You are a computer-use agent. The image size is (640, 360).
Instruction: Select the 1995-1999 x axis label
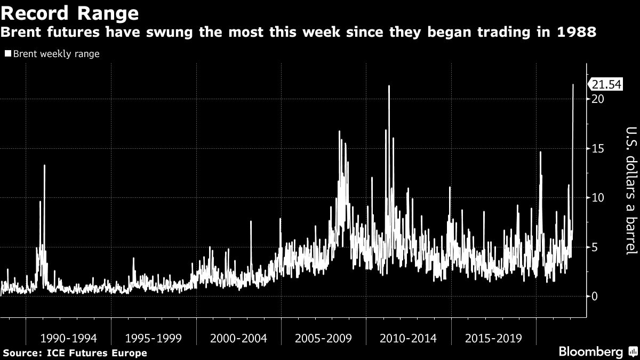(x=154, y=338)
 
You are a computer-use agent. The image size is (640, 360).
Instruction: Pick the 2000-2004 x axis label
(x=238, y=338)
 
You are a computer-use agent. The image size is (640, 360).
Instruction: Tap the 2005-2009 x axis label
(x=324, y=338)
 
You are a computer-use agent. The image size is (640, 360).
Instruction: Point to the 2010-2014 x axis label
(x=409, y=338)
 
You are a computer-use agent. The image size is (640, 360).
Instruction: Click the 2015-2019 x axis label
(x=493, y=338)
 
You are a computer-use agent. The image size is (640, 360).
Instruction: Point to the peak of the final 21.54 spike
(x=573, y=84)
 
